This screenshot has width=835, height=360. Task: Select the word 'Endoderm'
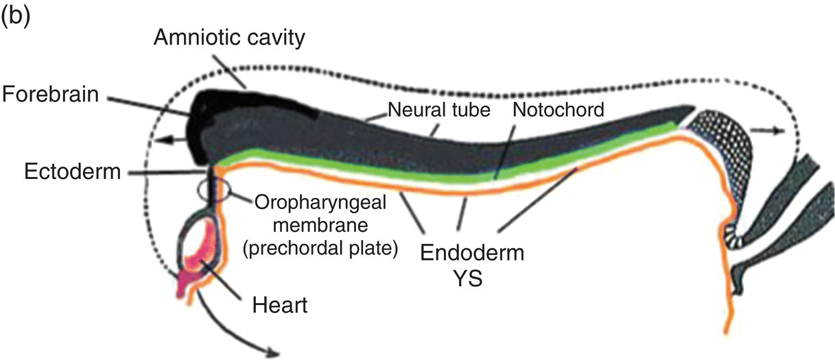473,253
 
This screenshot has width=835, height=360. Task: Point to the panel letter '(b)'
16,16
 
